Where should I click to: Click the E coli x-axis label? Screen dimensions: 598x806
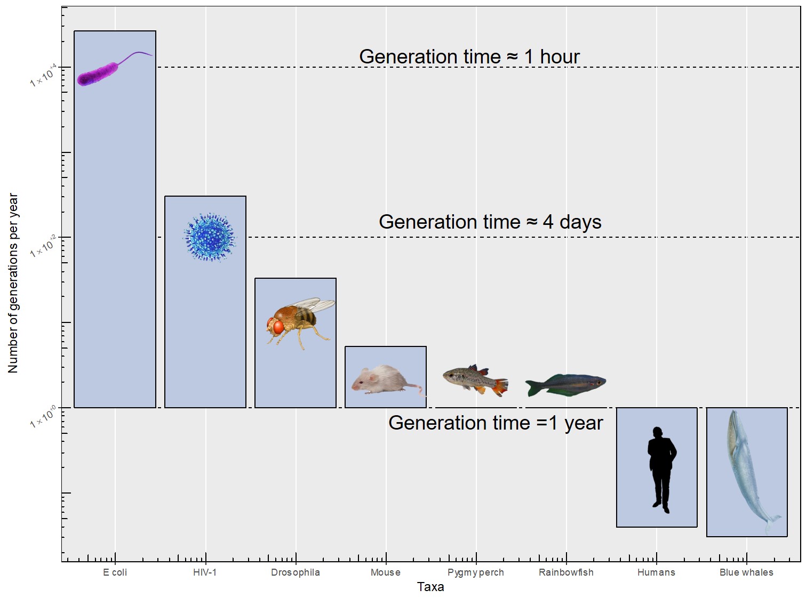[x=115, y=572]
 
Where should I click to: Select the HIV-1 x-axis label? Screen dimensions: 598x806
[x=205, y=572]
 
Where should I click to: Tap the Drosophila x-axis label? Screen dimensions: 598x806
[x=296, y=572]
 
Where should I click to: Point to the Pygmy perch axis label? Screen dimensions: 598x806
[x=476, y=572]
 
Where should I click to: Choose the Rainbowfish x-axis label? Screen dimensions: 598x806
[x=566, y=572]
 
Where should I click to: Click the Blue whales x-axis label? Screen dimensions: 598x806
[x=746, y=572]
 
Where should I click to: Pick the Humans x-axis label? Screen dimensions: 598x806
[x=656, y=572]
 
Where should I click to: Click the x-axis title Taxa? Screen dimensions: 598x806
[x=430, y=587]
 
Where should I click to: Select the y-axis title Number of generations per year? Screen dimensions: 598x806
[x=13, y=283]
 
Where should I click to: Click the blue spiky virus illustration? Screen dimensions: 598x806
[x=210, y=237]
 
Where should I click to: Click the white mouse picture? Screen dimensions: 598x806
[x=381, y=380]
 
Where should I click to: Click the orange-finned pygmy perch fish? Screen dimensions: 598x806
[x=475, y=379]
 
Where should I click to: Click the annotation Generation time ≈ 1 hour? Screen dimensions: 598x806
[x=469, y=56]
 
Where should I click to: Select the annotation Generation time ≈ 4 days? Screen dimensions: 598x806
[x=490, y=222]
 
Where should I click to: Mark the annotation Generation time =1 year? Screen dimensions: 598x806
[x=495, y=423]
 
